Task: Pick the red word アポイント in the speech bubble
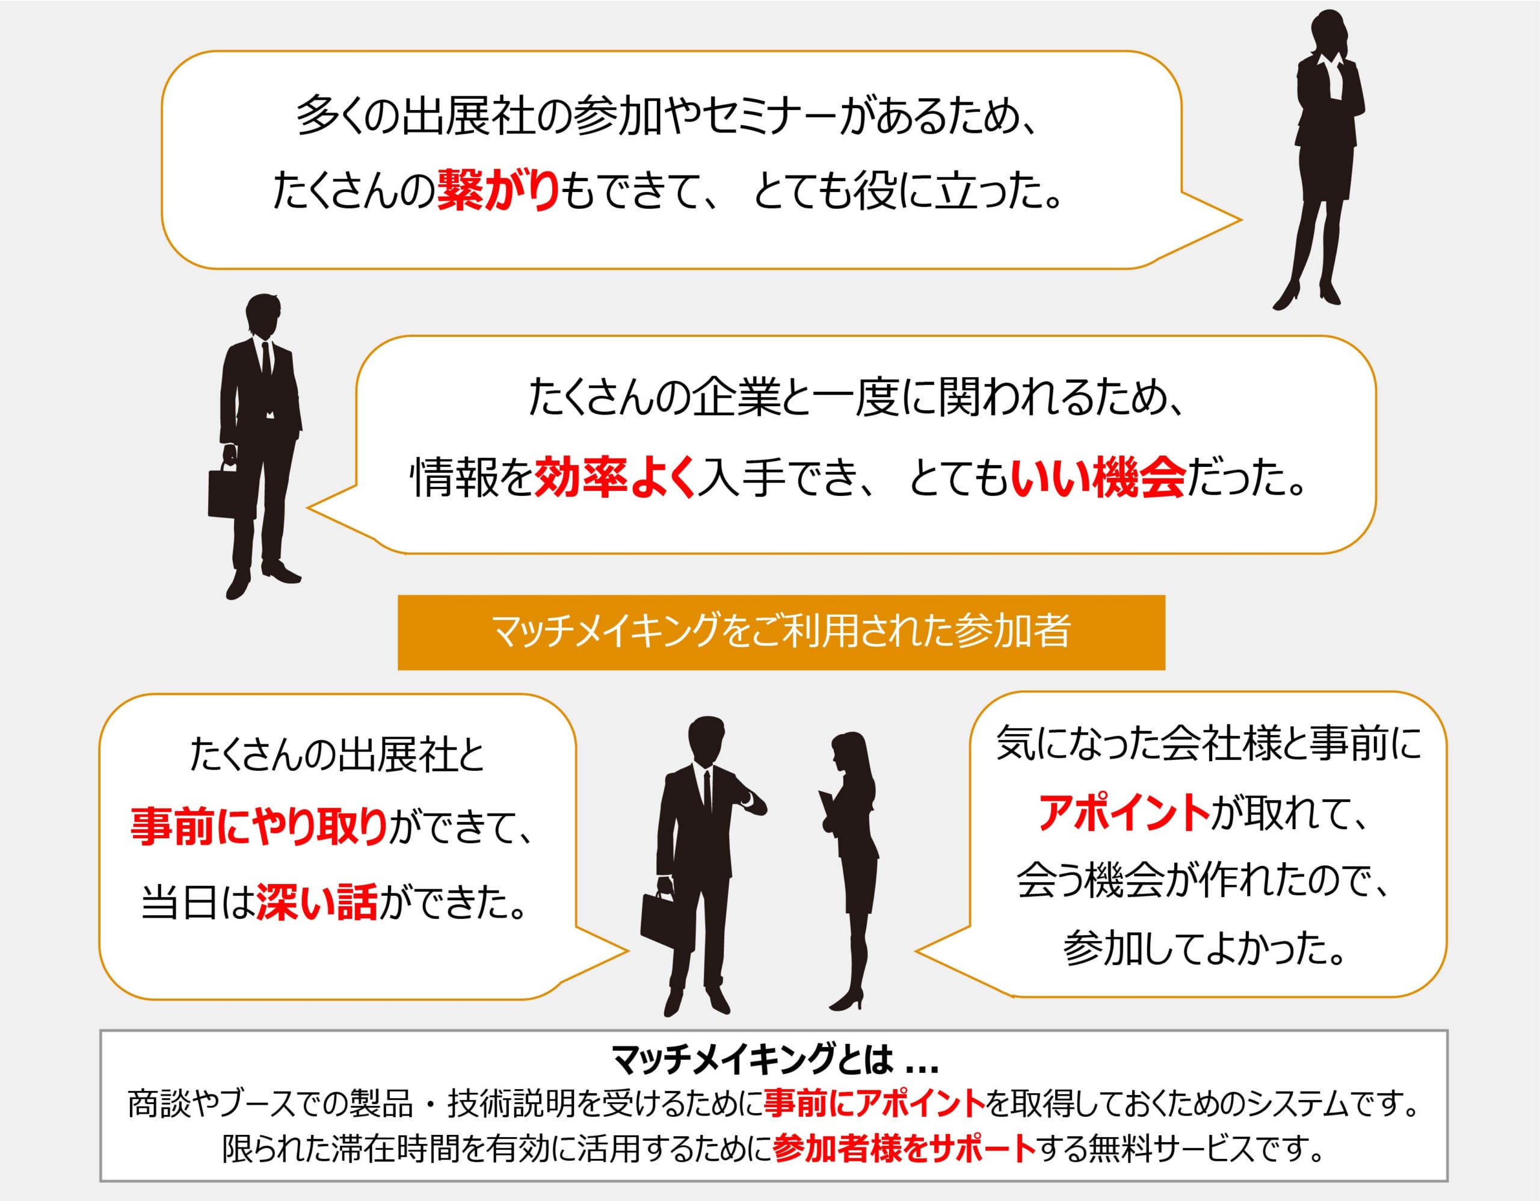1124,812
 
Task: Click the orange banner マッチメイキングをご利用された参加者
781,632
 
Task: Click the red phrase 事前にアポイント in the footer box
874,1104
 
